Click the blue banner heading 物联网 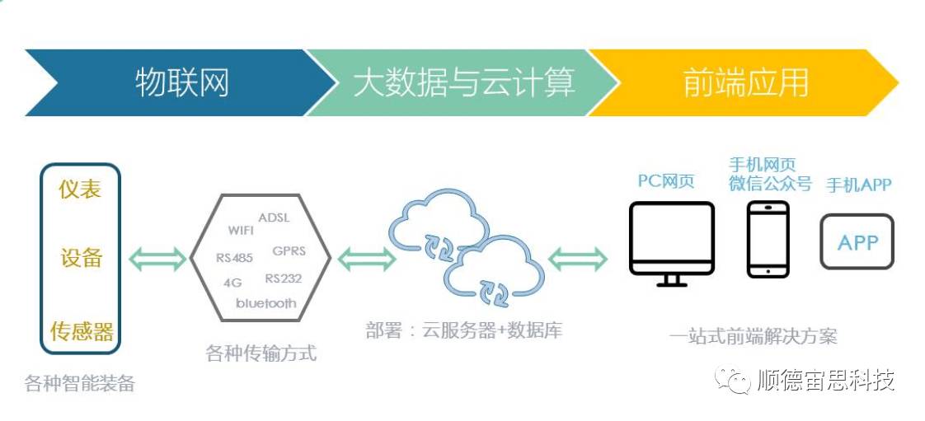(x=181, y=82)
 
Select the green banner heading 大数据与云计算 (x=463, y=82)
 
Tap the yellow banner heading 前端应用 (x=745, y=82)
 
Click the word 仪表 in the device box (x=80, y=189)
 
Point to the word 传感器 (x=82, y=331)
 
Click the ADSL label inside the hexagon (x=275, y=218)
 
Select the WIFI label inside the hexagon (x=241, y=230)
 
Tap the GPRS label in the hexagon (x=289, y=251)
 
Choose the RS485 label (x=234, y=258)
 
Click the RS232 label (x=283, y=278)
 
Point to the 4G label (x=232, y=283)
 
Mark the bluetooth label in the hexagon (x=266, y=303)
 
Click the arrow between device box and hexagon (x=157, y=258)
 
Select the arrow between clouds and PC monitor (x=578, y=258)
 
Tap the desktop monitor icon (x=671, y=244)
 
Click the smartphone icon (x=768, y=239)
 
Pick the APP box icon (x=857, y=241)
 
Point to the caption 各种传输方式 (x=261, y=353)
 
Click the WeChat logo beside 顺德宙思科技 (x=733, y=381)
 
